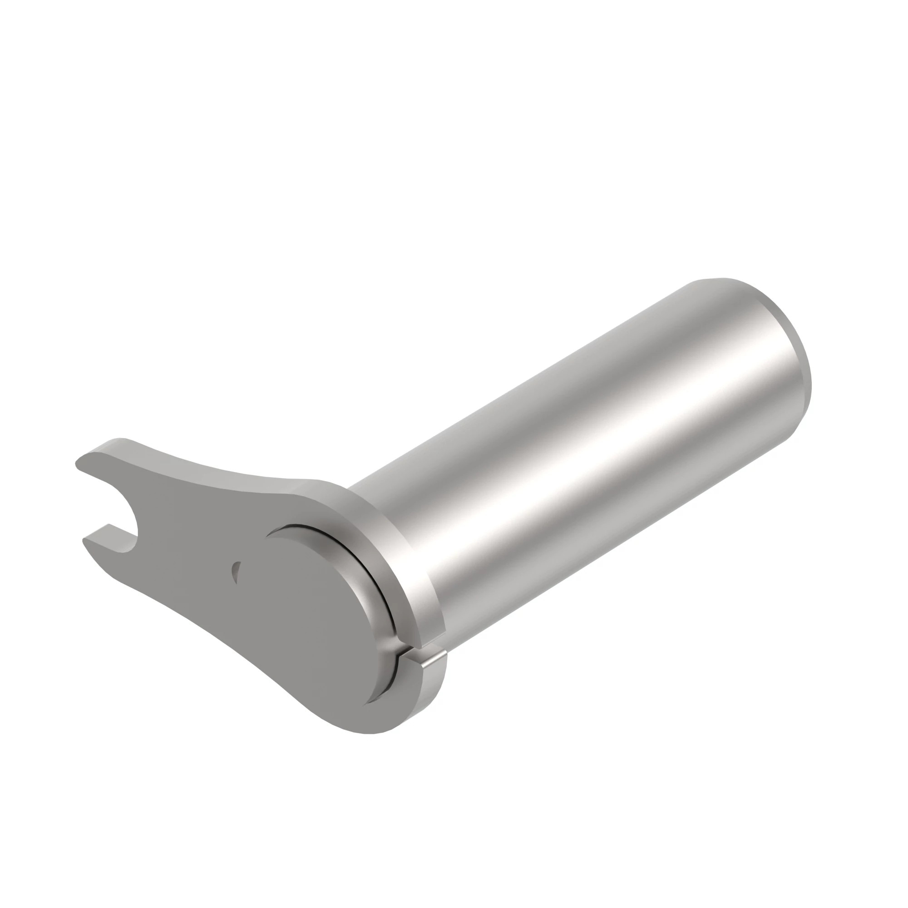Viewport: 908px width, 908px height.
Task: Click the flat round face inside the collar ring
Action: [310, 611]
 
